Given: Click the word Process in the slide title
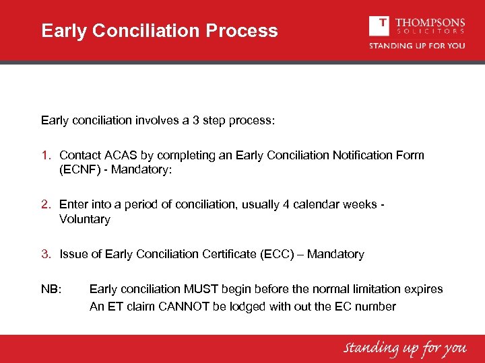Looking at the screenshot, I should [243, 31].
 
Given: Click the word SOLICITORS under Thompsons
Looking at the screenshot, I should [430, 31].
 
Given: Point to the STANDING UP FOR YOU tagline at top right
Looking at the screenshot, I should [416, 46].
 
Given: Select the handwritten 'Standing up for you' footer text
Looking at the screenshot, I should [405, 348].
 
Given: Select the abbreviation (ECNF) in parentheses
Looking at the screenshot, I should [82, 170].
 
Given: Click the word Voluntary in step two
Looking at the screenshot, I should [85, 219].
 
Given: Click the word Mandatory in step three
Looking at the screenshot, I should [335, 254].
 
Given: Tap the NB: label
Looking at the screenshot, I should [51, 289].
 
